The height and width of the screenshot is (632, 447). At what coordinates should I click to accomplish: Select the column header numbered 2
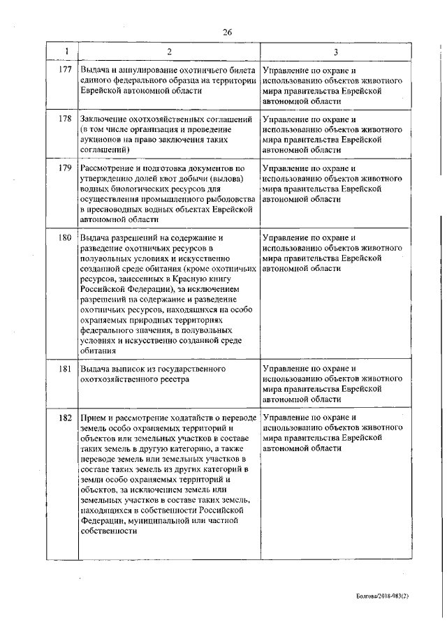click(x=169, y=52)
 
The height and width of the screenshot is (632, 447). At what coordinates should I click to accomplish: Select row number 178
click(x=66, y=119)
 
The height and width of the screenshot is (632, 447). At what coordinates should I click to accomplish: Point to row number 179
click(x=66, y=168)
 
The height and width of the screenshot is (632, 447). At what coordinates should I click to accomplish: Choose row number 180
click(x=66, y=237)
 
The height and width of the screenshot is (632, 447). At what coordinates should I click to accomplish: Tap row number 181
click(x=66, y=368)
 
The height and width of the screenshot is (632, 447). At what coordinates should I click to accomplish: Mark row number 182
click(x=66, y=417)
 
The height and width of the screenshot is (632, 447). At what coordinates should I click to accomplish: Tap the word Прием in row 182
click(x=93, y=417)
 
